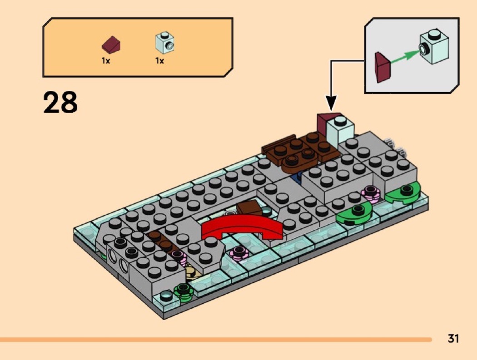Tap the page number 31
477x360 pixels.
tap(453, 339)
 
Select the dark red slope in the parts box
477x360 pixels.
tap(112, 45)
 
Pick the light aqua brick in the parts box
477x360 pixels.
tap(165, 42)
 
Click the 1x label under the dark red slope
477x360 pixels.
tap(106, 60)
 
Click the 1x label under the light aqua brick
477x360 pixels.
tap(159, 60)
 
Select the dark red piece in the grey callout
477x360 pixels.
tap(382, 67)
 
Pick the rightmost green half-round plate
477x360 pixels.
tap(404, 192)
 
